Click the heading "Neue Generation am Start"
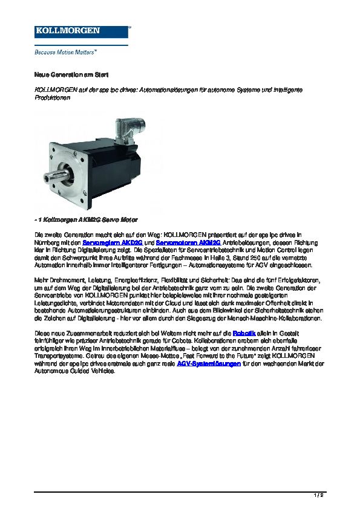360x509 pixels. pyautogui.click(x=62, y=74)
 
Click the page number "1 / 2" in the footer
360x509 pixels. pyautogui.click(x=319, y=495)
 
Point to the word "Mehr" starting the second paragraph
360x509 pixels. pyautogui.click(x=41, y=281)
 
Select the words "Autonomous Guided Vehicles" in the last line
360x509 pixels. pyautogui.click(x=73, y=371)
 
